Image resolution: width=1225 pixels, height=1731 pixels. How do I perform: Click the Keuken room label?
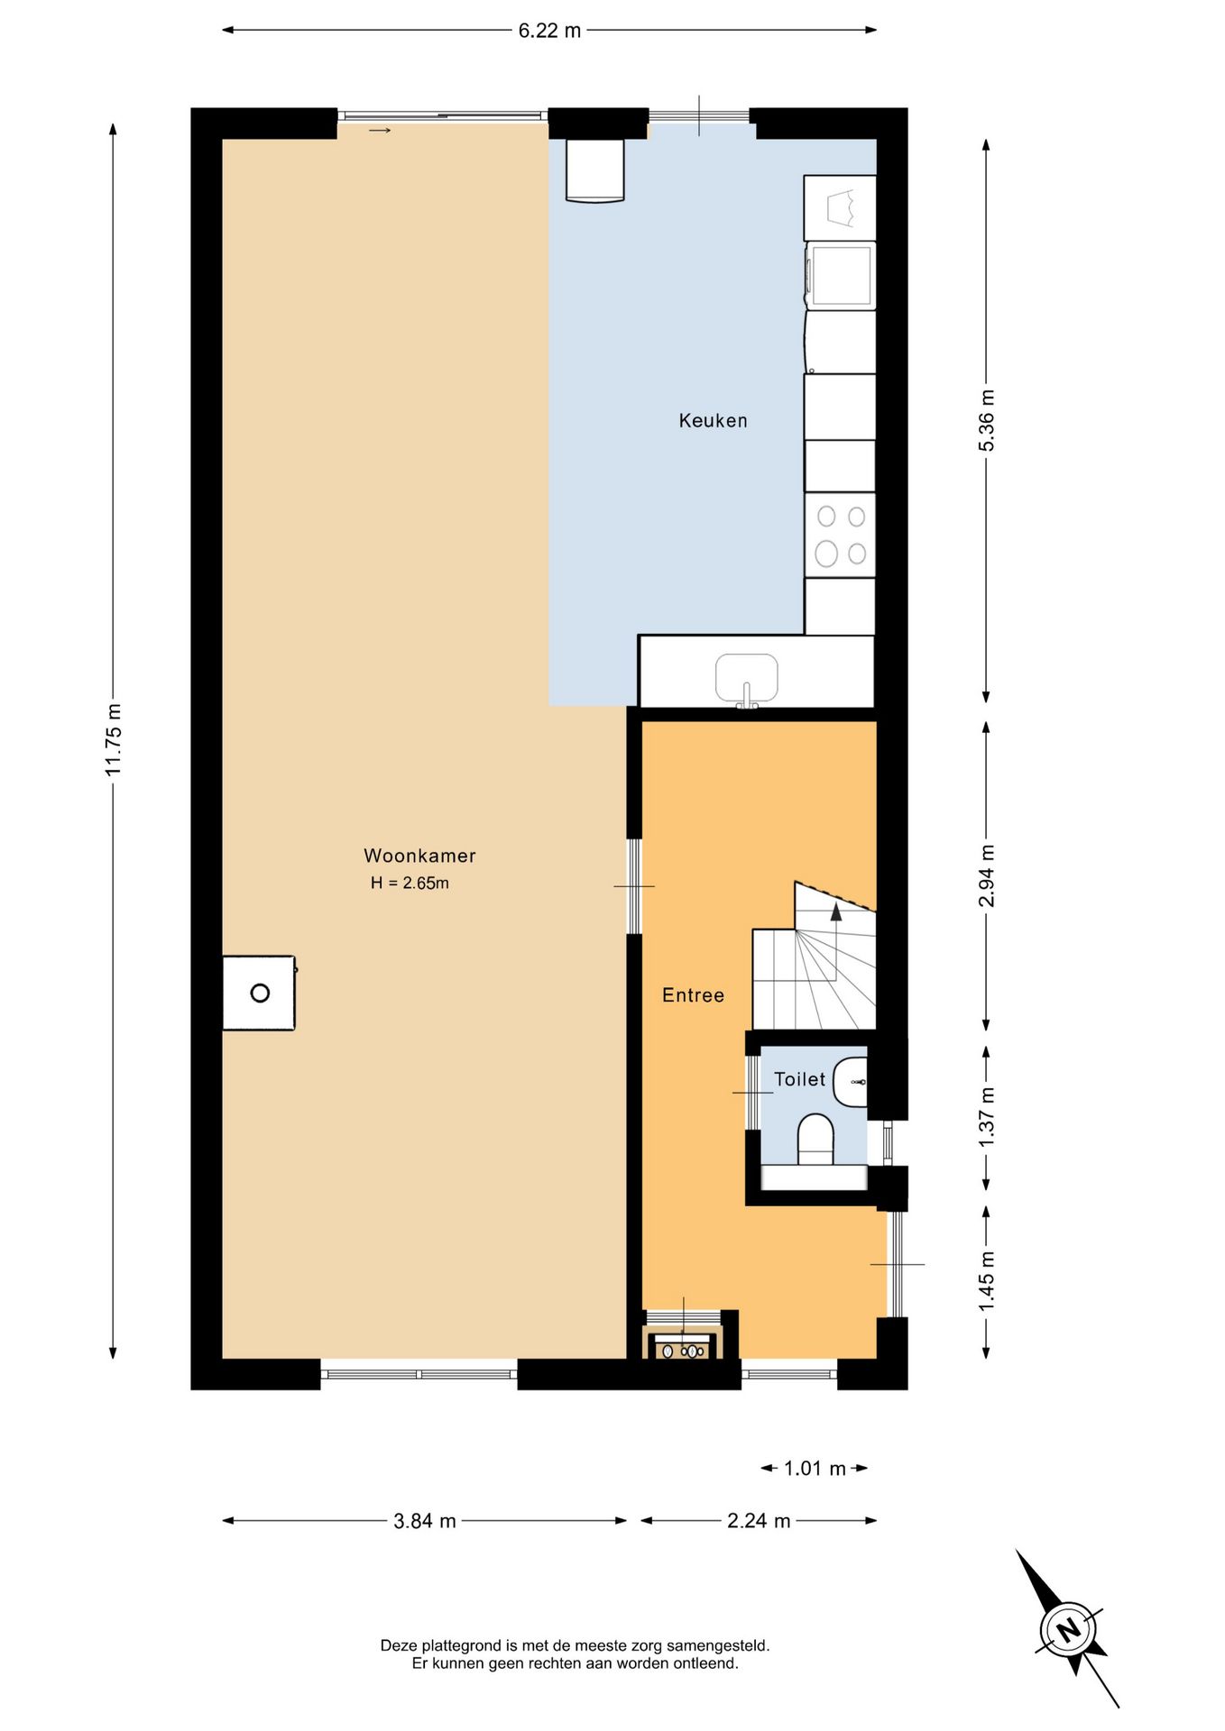pos(713,420)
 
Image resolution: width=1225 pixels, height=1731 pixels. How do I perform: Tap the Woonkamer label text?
pos(419,856)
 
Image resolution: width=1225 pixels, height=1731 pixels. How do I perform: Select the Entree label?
pos(693,995)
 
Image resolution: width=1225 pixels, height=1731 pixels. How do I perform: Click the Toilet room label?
pos(799,1079)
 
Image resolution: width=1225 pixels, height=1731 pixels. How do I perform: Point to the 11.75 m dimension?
pos(113,739)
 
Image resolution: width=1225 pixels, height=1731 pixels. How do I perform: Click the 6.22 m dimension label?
pos(549,31)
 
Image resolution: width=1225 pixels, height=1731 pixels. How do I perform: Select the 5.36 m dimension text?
pos(986,421)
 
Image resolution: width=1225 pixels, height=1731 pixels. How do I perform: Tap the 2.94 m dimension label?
pos(986,875)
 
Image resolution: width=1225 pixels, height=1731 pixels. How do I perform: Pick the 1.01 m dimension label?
pos(815,1469)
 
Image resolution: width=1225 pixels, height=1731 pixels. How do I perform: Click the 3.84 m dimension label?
pos(424,1521)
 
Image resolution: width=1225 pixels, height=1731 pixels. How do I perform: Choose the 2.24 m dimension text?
pos(759,1521)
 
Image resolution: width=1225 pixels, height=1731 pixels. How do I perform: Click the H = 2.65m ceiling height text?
pos(410,884)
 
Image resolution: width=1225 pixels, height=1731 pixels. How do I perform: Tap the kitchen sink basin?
pos(746,679)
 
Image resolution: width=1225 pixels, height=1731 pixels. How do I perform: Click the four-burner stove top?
pos(840,535)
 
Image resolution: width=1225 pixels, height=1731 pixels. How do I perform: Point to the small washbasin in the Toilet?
pos(850,1082)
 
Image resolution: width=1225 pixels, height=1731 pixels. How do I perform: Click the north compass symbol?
pos(1068,1629)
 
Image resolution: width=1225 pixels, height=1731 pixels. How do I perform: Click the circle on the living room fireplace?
pos(260,994)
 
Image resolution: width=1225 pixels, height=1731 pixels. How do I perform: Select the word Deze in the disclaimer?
pos(399,1645)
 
